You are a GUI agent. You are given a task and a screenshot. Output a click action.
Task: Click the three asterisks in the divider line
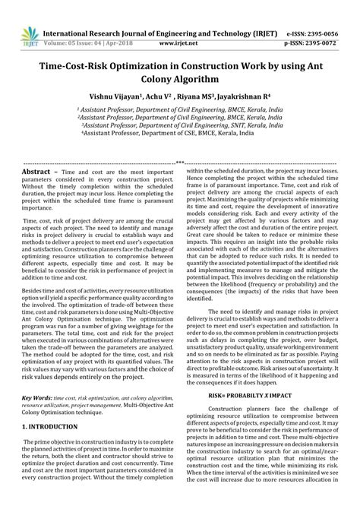coord(179,163)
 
